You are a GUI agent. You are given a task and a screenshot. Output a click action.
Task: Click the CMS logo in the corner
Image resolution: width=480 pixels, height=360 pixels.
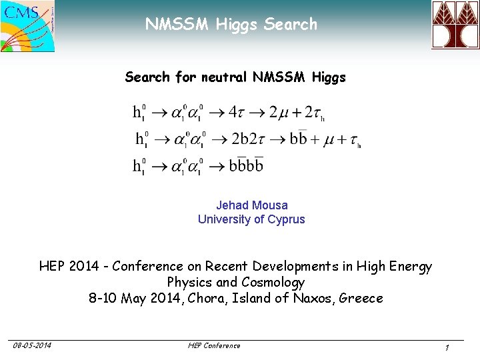point(28,26)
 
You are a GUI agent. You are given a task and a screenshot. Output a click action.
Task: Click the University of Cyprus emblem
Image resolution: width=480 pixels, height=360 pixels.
point(455,25)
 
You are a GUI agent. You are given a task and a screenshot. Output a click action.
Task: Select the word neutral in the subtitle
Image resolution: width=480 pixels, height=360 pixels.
point(224,77)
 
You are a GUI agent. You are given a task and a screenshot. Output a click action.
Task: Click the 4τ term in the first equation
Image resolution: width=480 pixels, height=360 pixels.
point(236,112)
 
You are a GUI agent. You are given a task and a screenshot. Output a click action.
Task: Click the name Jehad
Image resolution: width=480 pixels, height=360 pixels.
point(232,205)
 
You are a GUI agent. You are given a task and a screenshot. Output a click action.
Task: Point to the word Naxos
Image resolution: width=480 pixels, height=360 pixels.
point(311,298)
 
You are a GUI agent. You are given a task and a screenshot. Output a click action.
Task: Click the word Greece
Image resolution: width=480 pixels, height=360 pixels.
point(361,298)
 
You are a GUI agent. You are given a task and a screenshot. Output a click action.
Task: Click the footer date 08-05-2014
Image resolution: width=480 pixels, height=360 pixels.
point(33,345)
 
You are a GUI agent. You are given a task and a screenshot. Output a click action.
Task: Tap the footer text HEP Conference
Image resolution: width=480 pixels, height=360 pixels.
point(214,345)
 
